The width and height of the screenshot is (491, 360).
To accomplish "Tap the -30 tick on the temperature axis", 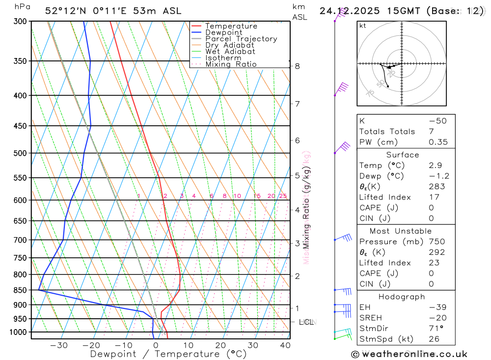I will click(x=59, y=345).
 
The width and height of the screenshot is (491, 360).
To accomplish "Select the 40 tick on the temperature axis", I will click(x=285, y=345).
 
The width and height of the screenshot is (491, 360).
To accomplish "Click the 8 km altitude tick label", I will click(x=298, y=66).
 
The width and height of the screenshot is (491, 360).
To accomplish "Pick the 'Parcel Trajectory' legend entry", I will click(x=241, y=39).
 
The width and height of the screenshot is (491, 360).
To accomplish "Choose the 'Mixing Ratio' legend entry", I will click(x=231, y=64).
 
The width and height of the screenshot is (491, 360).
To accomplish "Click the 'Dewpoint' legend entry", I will click(x=224, y=32).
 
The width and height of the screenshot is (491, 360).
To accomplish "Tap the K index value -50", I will click(x=437, y=121).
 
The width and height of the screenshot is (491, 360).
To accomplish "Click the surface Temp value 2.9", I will click(x=435, y=166).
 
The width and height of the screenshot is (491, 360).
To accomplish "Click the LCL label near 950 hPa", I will click(x=306, y=322).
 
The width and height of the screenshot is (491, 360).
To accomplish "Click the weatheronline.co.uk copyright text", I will click(x=409, y=354).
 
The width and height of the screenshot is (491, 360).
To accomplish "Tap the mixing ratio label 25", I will click(x=283, y=196).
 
